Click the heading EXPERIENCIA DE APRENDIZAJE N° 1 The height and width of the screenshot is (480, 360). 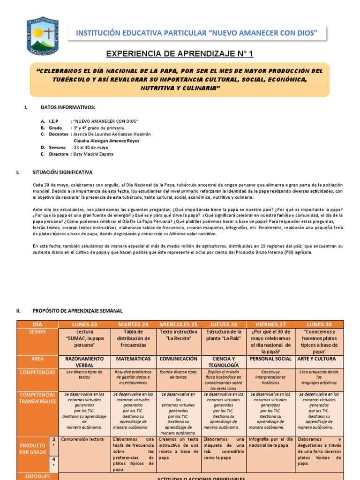point(180,54)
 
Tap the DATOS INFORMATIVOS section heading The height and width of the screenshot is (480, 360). point(68,107)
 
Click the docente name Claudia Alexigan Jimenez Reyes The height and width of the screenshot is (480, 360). point(106,141)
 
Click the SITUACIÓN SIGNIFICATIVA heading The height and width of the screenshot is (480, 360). point(62,172)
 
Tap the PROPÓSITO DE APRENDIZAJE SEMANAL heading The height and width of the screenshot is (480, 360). point(77,310)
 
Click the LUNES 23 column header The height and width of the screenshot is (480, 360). point(84,324)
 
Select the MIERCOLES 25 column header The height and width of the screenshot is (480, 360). point(179,324)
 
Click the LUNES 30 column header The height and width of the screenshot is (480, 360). point(319,324)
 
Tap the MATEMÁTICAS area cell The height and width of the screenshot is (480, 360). point(134,359)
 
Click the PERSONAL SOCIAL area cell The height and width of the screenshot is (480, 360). point(271,359)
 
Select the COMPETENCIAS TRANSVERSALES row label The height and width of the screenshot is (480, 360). point(37,398)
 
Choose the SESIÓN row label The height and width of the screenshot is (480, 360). point(37,331)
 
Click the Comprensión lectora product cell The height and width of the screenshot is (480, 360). point(82,439)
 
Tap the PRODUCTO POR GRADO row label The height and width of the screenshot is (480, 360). point(32,448)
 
